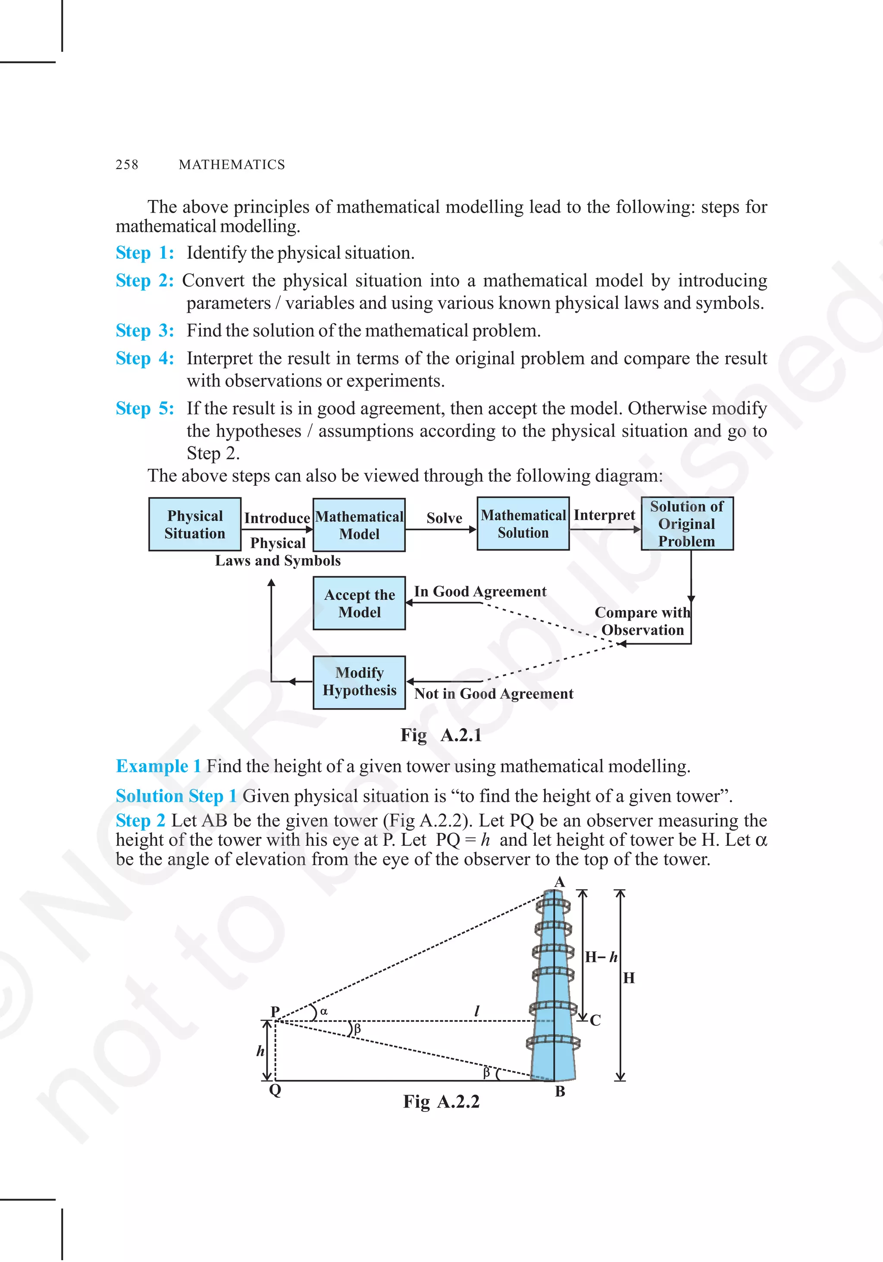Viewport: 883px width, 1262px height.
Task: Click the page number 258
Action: (x=127, y=164)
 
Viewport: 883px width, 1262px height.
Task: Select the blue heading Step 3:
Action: (x=144, y=330)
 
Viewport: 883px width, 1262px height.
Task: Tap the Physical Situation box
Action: (x=194, y=524)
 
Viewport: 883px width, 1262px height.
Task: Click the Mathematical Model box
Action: (x=359, y=525)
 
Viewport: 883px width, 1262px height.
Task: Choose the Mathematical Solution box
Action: (x=523, y=524)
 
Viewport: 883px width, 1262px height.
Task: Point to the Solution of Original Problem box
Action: (x=687, y=524)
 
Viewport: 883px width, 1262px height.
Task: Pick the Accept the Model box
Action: (x=359, y=603)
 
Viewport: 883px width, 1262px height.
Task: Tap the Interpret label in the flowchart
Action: (x=604, y=515)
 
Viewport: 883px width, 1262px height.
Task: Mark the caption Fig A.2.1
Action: (x=441, y=735)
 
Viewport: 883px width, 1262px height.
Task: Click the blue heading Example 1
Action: (x=158, y=766)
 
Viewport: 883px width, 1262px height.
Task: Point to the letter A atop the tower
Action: (x=559, y=882)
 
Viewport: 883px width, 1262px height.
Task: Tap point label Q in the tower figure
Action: (x=275, y=1089)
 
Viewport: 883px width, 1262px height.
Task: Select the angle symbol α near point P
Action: (x=324, y=1011)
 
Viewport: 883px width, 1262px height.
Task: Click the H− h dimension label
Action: (x=601, y=957)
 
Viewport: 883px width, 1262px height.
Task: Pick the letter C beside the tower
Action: (x=595, y=1020)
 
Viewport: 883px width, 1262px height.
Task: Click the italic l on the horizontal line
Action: (x=477, y=1010)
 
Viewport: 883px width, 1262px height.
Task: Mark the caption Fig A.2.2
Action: (x=441, y=1102)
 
